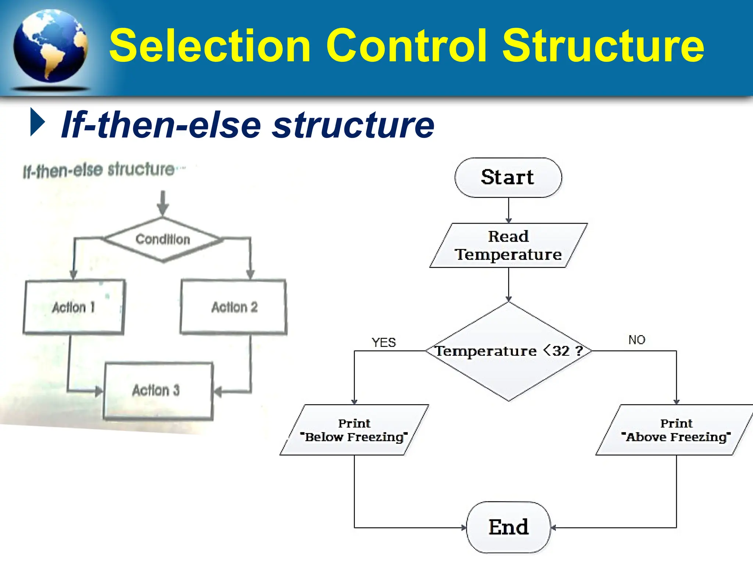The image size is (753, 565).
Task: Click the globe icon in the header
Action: point(50,46)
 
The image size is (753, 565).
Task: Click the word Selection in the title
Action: point(210,46)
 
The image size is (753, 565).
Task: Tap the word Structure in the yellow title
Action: point(603,46)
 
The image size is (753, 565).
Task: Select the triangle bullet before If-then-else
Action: point(37,122)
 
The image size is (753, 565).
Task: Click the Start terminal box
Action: point(508,178)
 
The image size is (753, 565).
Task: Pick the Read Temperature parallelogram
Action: point(508,245)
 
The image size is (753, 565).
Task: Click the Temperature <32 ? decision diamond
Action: point(508,351)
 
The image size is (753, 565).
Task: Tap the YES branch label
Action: point(383,342)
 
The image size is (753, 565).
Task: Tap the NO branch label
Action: point(636,340)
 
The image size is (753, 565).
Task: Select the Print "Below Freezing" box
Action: point(354,430)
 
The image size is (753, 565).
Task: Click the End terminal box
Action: point(508,527)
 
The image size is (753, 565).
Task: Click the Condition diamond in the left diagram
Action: point(163,239)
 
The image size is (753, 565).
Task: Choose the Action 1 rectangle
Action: point(74,307)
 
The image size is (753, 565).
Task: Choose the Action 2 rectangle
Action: point(234,307)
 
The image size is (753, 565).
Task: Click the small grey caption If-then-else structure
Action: point(99,170)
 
